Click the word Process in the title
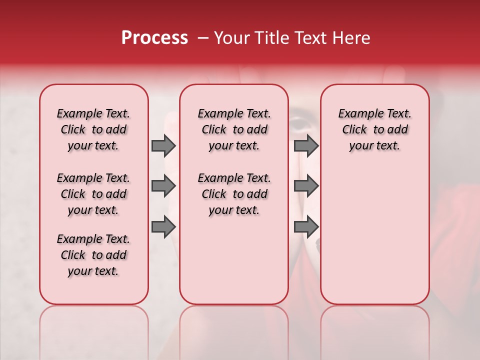point(154,38)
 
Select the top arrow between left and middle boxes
point(163,145)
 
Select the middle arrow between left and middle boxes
point(163,186)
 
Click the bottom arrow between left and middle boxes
point(163,226)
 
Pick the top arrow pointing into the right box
point(306,145)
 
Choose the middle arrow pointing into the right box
point(306,186)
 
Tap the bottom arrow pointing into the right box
point(306,226)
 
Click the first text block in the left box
point(93,129)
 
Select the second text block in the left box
point(93,194)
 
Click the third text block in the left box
point(93,255)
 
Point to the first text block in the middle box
point(234,129)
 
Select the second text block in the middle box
point(234,194)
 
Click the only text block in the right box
point(375,129)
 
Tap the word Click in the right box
point(354,129)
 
